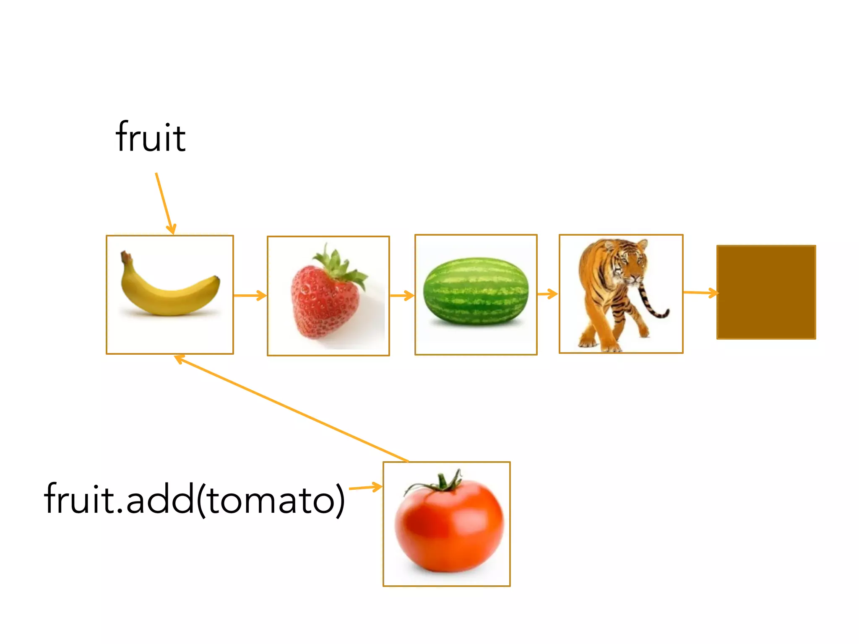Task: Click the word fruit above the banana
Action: [150, 137]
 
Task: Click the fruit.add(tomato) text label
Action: [194, 499]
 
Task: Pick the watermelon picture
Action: [476, 292]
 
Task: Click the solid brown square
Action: [766, 292]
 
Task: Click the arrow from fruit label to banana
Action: [164, 203]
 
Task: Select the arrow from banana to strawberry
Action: [250, 296]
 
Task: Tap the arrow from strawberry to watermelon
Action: [402, 296]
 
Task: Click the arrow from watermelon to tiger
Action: [547, 294]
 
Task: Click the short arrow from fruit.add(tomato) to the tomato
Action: [365, 488]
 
